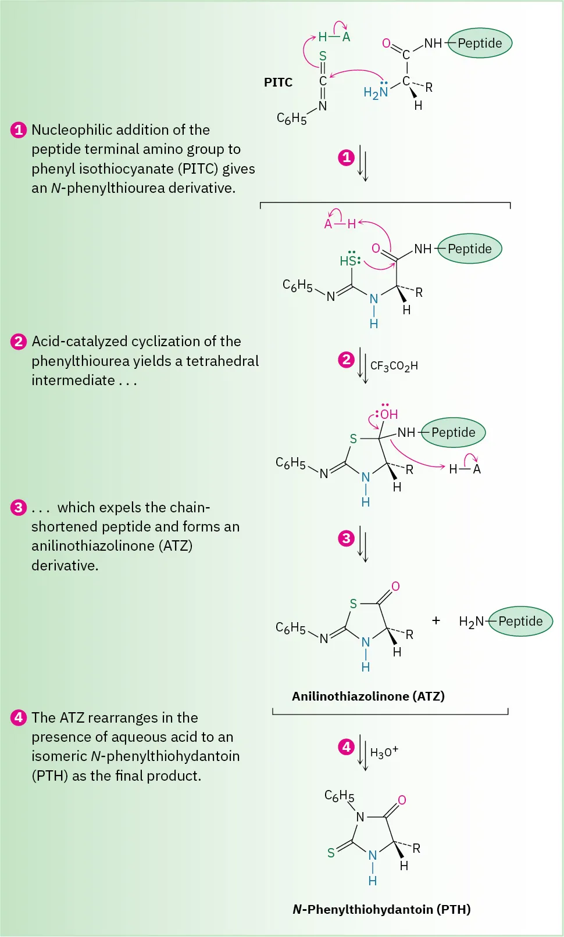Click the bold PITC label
[x=278, y=82]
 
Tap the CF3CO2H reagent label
[x=394, y=366]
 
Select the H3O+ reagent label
[x=384, y=752]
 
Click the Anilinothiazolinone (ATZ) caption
[x=368, y=696]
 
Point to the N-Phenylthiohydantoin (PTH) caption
[x=381, y=909]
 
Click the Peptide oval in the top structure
[x=480, y=43]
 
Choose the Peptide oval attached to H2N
[x=520, y=621]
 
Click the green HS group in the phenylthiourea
[x=348, y=261]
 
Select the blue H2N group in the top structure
[x=375, y=92]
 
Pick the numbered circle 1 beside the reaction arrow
[x=346, y=157]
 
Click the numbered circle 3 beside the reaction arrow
[x=346, y=538]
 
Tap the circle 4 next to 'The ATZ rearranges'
[x=19, y=717]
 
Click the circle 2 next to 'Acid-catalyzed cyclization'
[x=19, y=341]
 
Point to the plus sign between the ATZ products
[x=436, y=620]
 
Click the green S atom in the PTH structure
[x=331, y=853]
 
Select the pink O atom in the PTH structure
[x=402, y=800]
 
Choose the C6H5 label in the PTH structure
[x=339, y=796]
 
